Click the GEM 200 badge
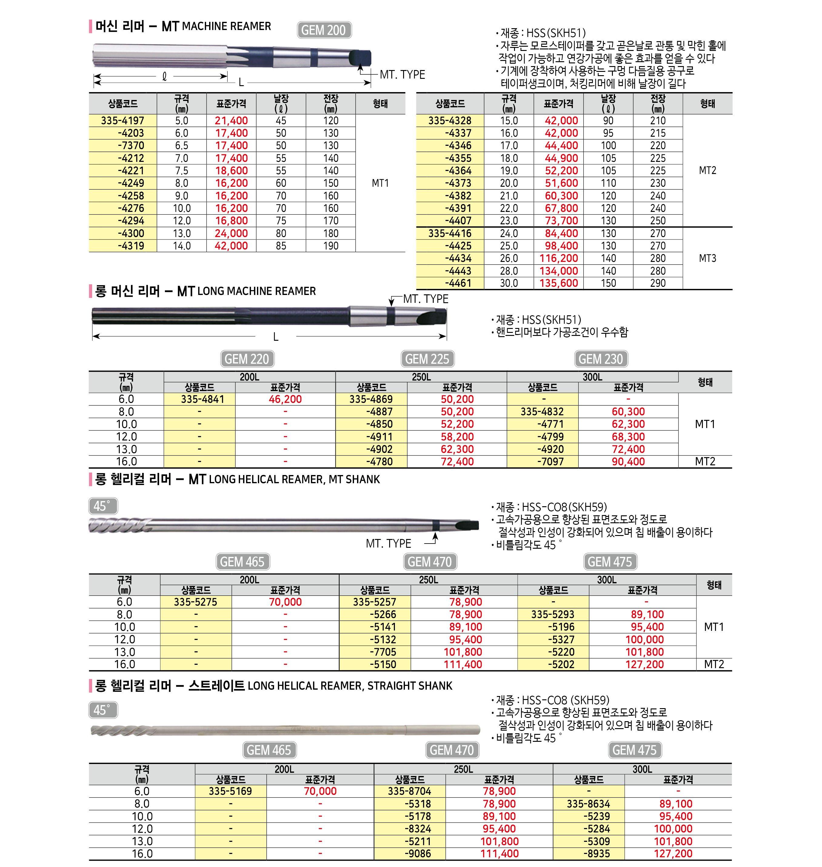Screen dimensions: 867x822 (324, 30)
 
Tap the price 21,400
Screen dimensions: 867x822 (231, 121)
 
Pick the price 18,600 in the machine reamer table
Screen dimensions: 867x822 (231, 170)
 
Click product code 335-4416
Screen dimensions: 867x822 (450, 233)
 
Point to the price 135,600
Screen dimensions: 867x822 (559, 283)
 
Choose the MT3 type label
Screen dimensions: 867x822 (707, 258)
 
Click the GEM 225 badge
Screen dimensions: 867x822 (427, 359)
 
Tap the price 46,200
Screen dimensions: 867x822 (285, 399)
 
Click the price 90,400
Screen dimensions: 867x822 (628, 462)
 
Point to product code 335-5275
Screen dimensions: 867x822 (195, 602)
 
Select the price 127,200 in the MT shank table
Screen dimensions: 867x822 (645, 664)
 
